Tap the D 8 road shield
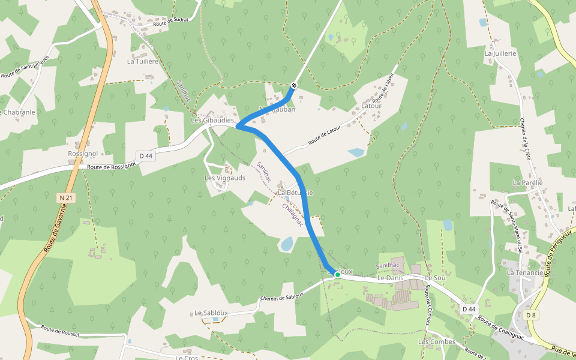530,315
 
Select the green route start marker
338,274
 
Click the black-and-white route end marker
294,85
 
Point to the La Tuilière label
142,61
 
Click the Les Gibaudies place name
212,120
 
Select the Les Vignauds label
225,178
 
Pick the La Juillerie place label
500,53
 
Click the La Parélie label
527,182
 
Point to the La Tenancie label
525,272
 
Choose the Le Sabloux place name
211,313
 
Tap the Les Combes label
437,342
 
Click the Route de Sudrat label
170,20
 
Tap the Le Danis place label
391,279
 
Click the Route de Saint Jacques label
25,67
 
